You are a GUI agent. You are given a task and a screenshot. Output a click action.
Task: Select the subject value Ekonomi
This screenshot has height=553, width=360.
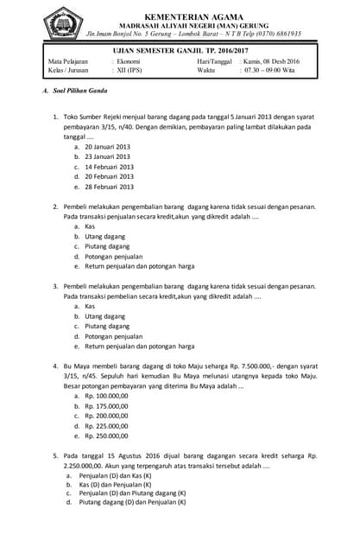tap(128, 63)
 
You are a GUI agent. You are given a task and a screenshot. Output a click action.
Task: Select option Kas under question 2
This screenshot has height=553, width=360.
tap(90, 226)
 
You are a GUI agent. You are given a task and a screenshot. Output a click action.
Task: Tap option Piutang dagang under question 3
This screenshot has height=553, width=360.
tap(107, 327)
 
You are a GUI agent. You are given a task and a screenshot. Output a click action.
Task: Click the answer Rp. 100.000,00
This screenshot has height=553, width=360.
tap(106, 397)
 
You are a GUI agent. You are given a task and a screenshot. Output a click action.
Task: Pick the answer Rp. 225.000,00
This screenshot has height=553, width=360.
tap(106, 426)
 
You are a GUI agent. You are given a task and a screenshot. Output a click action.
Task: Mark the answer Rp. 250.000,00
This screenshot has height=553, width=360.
tap(106, 436)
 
